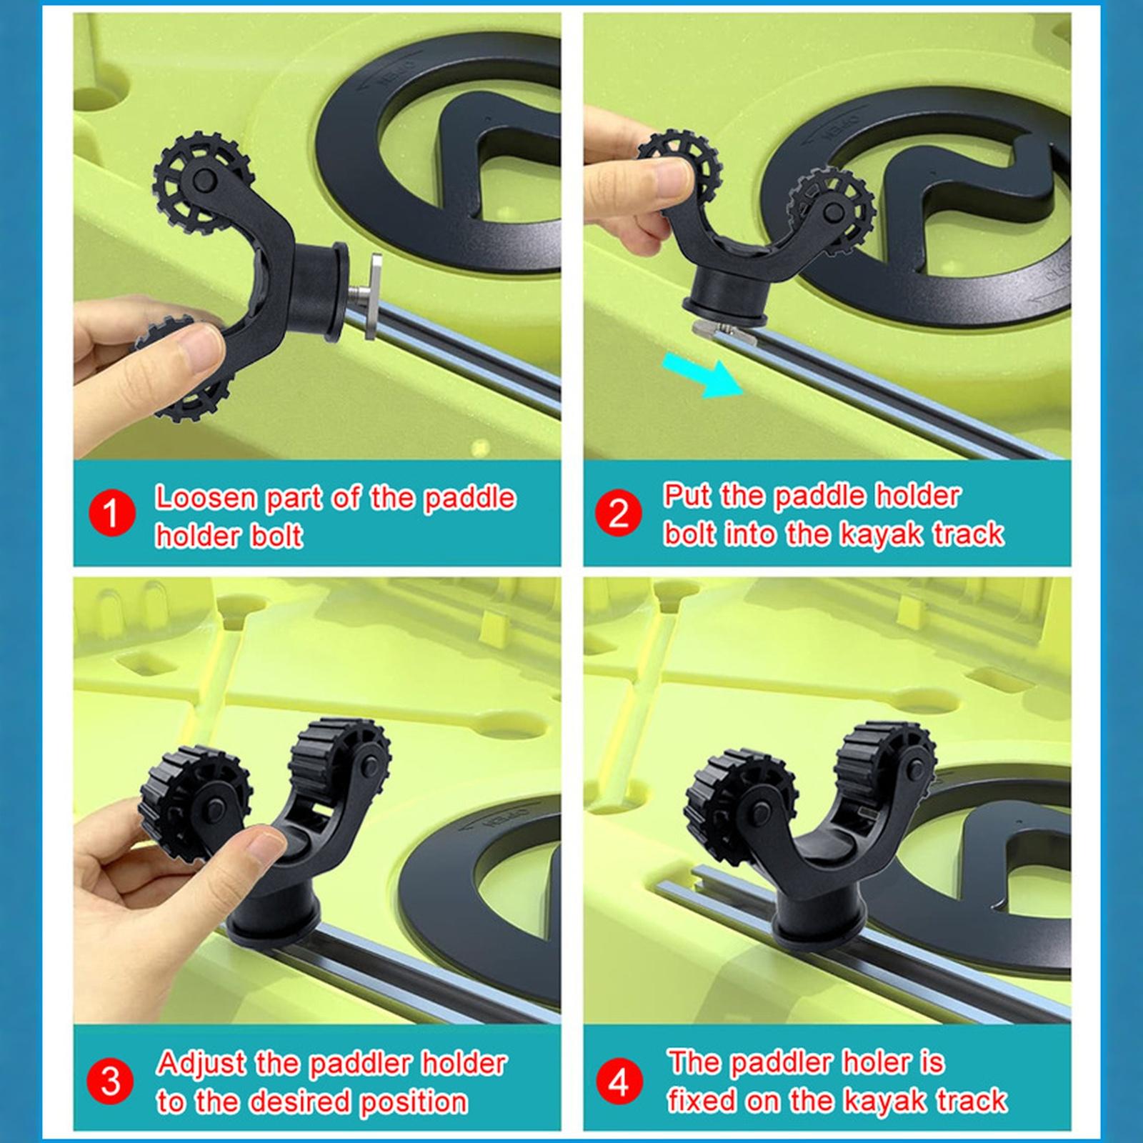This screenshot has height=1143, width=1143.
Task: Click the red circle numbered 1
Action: click(x=111, y=514)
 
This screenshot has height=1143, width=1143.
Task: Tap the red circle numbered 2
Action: click(x=619, y=514)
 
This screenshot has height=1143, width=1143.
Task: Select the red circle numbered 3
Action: click(x=111, y=1081)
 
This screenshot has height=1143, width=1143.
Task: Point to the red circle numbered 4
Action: click(x=619, y=1081)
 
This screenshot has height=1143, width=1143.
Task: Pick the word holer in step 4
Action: click(x=876, y=1062)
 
